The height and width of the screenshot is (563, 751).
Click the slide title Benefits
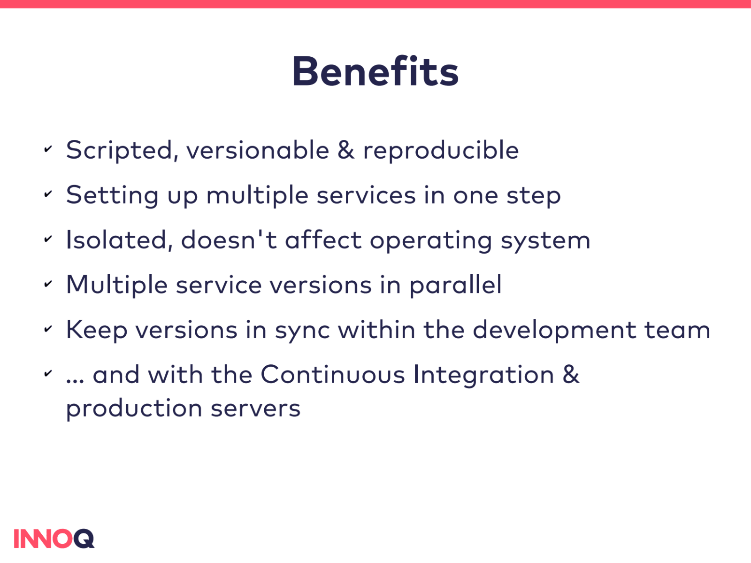(375, 71)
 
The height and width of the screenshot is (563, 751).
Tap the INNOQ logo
(54, 539)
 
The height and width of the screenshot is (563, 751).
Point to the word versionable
(258, 150)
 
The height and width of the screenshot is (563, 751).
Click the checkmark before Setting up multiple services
(48, 194)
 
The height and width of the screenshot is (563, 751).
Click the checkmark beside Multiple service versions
(48, 284)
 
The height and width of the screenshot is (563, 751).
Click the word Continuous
(333, 374)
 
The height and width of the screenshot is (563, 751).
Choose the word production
(134, 409)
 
